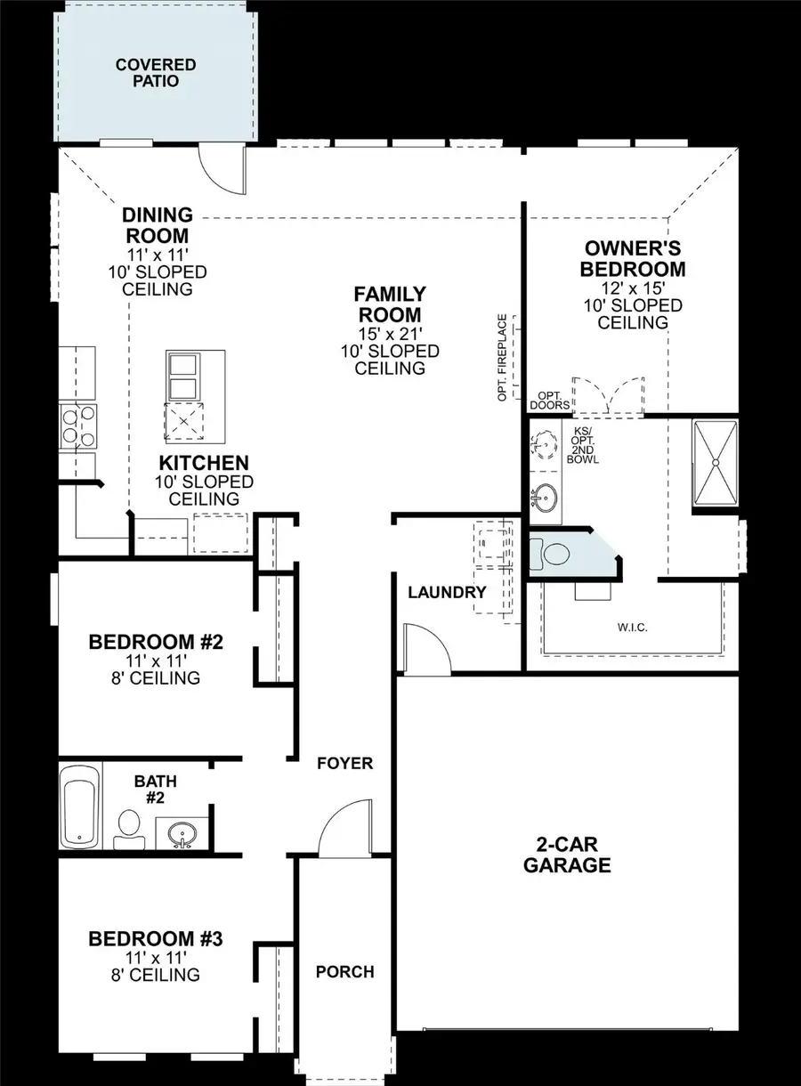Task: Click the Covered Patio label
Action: [156, 73]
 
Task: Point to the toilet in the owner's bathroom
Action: [554, 554]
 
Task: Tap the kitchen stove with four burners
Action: [77, 425]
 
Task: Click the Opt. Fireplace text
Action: [503, 356]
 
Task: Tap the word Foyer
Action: [345, 763]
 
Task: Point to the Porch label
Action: [345, 972]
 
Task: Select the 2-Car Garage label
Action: [567, 855]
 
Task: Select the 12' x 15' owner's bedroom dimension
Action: [633, 288]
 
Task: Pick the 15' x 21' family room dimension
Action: [390, 334]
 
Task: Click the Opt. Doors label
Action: [549, 400]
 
